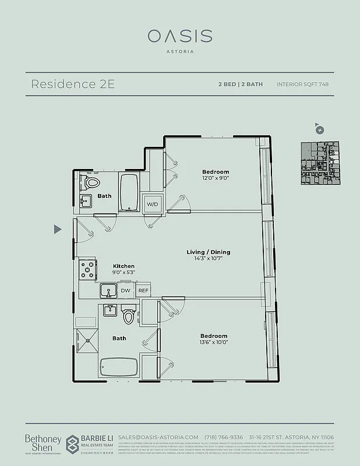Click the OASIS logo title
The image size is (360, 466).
coord(179,36)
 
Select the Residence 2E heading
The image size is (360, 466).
coord(72,84)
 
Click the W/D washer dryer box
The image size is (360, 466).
coord(153,204)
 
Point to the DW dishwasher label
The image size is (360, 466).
coord(125,290)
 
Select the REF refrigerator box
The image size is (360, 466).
coord(143,290)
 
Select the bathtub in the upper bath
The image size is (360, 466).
coord(129,192)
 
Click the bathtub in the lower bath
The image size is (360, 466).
coord(119,368)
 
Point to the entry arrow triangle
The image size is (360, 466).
coord(57,230)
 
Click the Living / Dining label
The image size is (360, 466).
coord(208,252)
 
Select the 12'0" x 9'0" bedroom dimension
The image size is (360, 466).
coord(215,179)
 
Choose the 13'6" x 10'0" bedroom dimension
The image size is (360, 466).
coord(214,343)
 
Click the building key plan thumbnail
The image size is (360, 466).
coord(319,163)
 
